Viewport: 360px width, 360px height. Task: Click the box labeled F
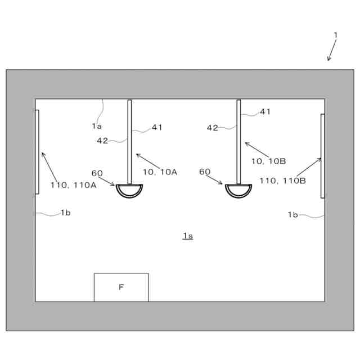click(x=121, y=287)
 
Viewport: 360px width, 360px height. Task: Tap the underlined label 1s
click(x=188, y=236)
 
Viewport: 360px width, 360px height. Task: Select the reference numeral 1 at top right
click(x=336, y=35)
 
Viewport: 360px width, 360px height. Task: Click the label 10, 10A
click(x=160, y=172)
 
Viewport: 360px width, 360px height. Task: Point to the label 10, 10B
click(x=268, y=161)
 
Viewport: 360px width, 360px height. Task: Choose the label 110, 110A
click(x=73, y=184)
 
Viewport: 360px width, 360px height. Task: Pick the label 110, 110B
click(x=282, y=181)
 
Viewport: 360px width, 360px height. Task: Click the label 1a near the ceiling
click(x=97, y=126)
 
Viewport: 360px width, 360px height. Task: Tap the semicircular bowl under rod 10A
click(x=129, y=190)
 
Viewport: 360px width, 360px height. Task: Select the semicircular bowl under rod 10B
click(x=238, y=190)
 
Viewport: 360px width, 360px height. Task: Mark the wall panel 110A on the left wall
click(x=37, y=152)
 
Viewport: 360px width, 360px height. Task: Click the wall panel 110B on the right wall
click(x=322, y=156)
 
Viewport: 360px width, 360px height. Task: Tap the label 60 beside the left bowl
click(x=97, y=173)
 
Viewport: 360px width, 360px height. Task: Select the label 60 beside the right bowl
click(x=205, y=172)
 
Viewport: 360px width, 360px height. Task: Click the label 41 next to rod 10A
click(x=157, y=127)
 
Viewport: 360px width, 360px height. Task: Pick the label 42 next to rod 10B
click(x=212, y=128)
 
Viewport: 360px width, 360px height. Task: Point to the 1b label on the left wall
click(x=66, y=213)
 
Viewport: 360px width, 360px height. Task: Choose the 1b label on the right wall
click(x=292, y=214)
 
